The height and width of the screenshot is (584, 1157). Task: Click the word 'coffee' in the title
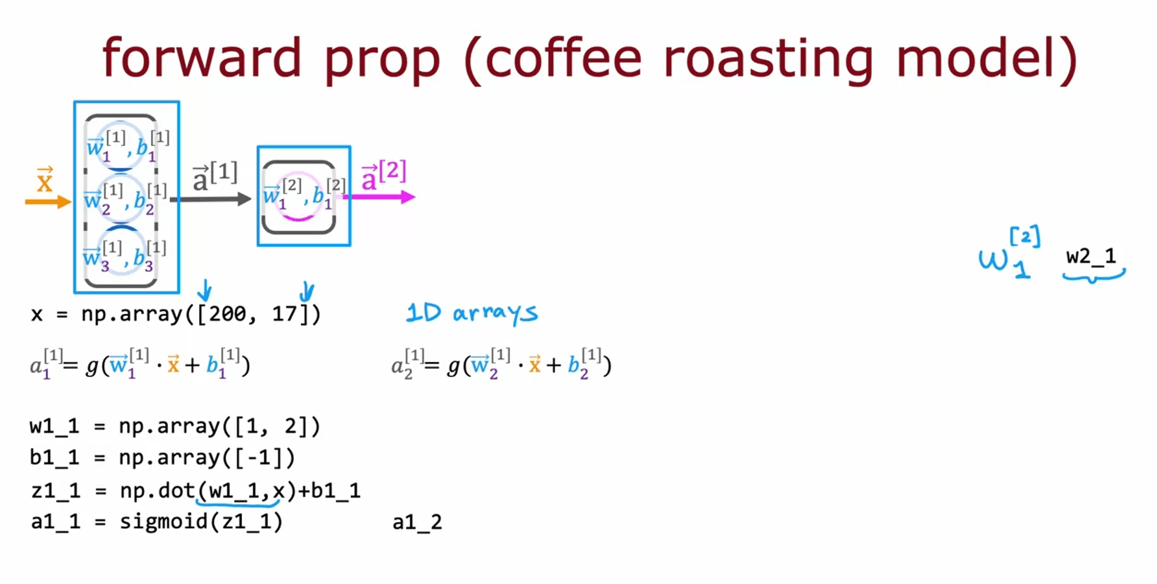[563, 58]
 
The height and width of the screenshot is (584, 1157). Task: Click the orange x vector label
[44, 179]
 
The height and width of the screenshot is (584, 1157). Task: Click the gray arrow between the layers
[211, 199]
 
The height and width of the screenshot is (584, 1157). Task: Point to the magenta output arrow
[379, 197]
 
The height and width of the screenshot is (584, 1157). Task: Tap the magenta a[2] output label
[384, 175]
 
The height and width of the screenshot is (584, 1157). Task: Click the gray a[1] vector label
[215, 177]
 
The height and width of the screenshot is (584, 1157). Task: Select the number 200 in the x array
[227, 314]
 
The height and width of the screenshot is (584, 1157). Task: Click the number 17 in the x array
[284, 314]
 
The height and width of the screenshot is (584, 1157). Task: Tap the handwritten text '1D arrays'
[472, 313]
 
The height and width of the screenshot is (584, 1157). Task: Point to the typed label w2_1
[1091, 256]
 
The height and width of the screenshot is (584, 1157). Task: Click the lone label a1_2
[417, 522]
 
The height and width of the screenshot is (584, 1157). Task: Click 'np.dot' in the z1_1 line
[157, 490]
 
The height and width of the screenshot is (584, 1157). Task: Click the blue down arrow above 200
[204, 290]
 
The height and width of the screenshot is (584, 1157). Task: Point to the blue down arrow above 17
[307, 291]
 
